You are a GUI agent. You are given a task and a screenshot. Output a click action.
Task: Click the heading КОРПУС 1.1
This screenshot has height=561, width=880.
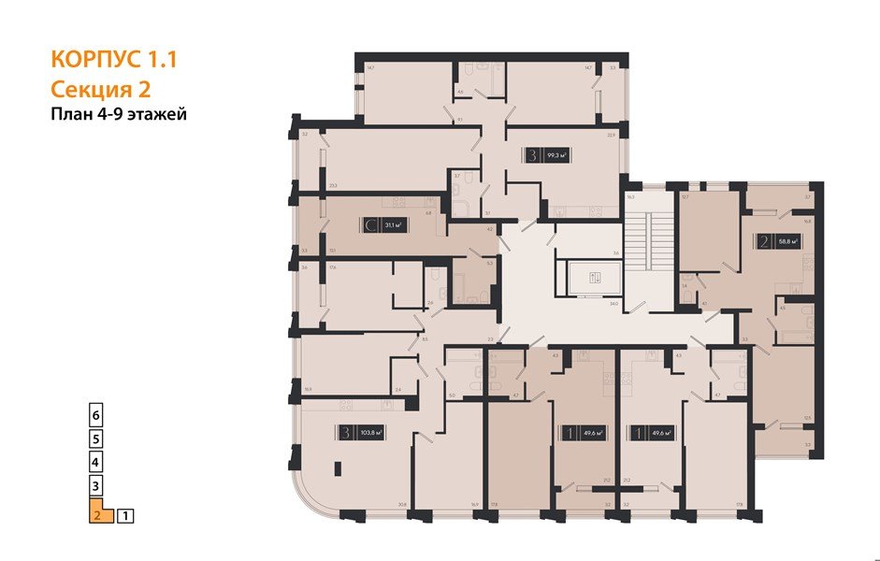[112, 61]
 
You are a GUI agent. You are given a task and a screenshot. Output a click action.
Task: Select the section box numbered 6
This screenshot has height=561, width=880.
[95, 413]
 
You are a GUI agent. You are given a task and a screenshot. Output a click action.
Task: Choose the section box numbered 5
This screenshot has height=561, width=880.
[95, 438]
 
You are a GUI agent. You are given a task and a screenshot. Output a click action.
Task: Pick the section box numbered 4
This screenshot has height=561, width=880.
[95, 462]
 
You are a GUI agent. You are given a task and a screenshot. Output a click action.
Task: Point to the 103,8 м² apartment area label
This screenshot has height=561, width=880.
[373, 432]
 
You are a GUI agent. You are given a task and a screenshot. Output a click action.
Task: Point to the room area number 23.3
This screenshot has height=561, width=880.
[333, 185]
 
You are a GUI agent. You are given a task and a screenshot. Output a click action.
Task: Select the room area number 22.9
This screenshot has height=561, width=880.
[611, 136]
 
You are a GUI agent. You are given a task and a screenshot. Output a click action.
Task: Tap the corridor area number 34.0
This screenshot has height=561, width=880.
[613, 303]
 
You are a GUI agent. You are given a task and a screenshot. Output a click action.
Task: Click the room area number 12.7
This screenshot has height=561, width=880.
[685, 197]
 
